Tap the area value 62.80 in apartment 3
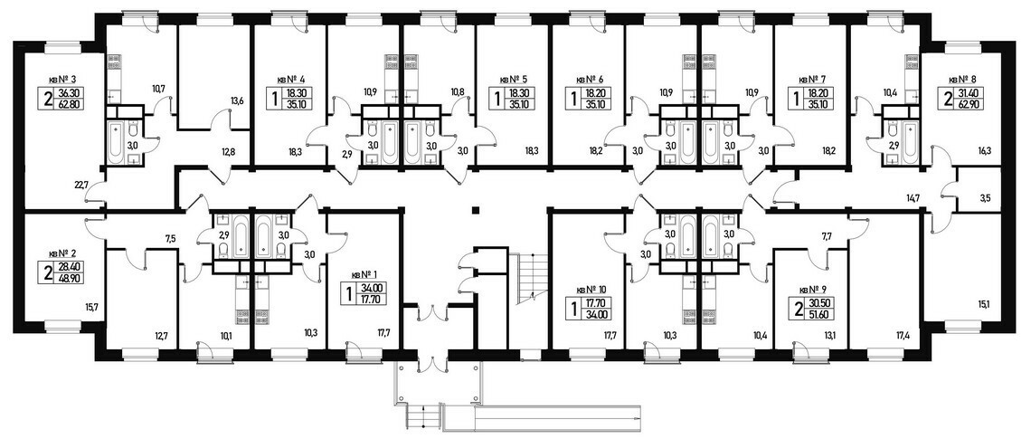coord(71,103)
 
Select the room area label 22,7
coord(81,185)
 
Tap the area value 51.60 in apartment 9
coord(820,313)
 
